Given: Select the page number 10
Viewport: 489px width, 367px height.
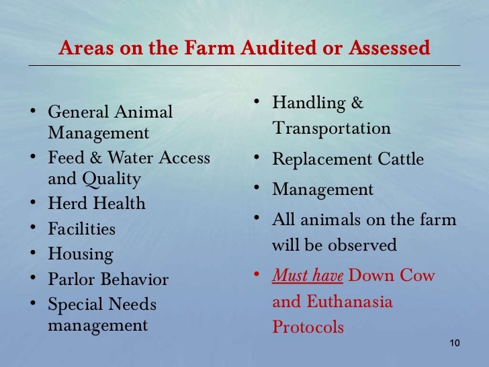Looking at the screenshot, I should [x=453, y=343].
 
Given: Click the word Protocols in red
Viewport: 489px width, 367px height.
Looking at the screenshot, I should [x=308, y=327].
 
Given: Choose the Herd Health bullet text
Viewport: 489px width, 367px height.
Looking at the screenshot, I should [x=97, y=204].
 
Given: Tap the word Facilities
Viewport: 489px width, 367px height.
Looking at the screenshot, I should [x=81, y=229].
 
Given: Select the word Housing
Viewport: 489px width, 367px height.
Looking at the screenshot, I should [x=81, y=255].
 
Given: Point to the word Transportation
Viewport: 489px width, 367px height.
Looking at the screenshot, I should [x=331, y=128].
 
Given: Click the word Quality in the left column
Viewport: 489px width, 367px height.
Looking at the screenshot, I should [x=114, y=179].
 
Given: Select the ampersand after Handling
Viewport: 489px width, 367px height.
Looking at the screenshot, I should [x=357, y=104].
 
